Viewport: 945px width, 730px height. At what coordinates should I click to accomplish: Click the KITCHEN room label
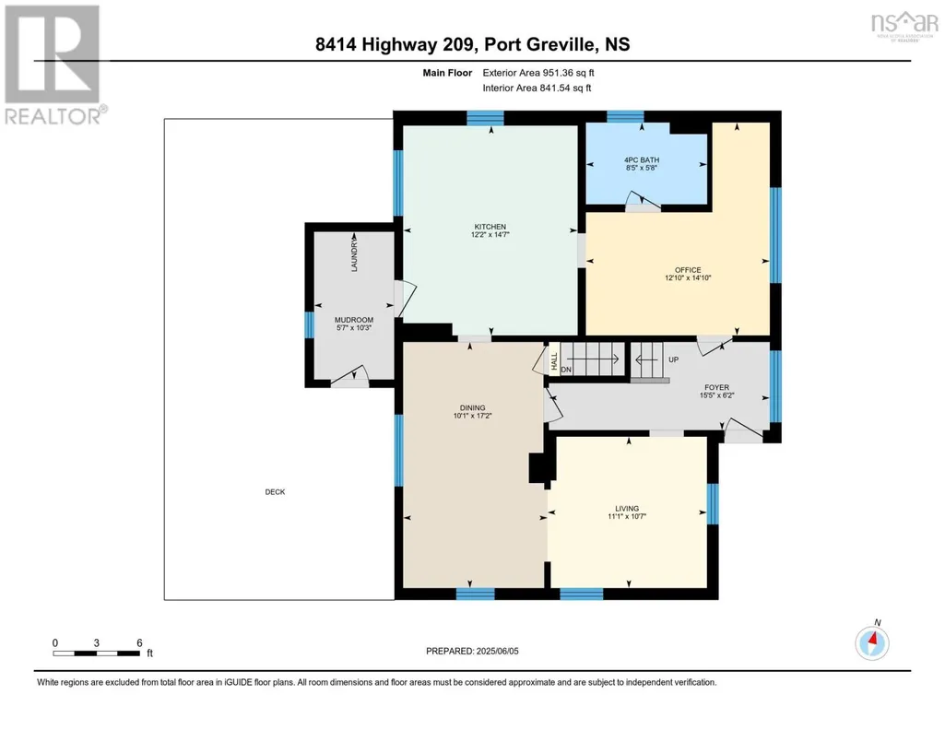tap(490, 227)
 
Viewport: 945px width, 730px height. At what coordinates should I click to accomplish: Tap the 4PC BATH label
tap(642, 160)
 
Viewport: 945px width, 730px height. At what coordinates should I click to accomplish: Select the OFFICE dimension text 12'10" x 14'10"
tap(688, 278)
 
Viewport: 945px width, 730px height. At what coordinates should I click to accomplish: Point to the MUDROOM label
tap(354, 321)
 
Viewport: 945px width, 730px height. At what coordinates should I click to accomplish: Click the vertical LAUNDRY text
tap(354, 253)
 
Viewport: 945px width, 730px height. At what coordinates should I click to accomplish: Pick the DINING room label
tap(472, 408)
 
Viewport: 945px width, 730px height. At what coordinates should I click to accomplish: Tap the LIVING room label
tap(627, 509)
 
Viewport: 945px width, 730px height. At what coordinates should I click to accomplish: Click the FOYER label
tap(716, 388)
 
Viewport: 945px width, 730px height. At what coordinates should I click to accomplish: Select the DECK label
tap(275, 492)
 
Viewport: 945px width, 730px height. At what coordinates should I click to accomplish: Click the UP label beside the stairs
tap(673, 359)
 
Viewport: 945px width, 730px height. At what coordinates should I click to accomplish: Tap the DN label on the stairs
tap(566, 370)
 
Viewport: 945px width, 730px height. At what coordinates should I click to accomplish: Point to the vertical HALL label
tap(554, 360)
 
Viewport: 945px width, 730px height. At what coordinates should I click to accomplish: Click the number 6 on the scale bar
tap(139, 642)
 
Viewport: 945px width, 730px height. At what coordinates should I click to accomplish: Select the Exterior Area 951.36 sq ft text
tap(538, 73)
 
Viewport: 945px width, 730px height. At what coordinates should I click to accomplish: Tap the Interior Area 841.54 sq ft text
tap(537, 88)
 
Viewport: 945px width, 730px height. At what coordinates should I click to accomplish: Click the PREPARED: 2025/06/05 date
tap(472, 651)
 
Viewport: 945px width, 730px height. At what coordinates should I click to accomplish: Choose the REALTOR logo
tap(53, 65)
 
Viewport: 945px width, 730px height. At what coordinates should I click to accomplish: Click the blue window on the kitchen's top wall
tap(485, 117)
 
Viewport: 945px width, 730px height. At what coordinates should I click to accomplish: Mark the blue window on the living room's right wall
tap(713, 504)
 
